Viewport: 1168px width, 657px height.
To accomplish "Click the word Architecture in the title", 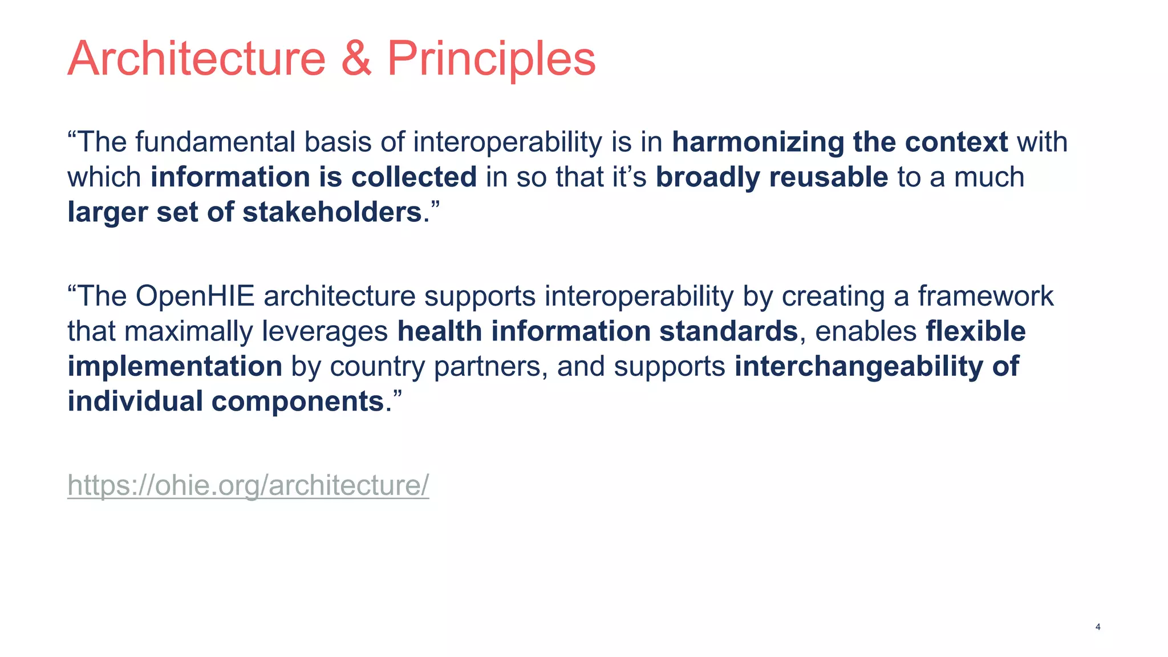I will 197,59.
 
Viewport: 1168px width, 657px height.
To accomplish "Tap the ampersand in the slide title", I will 356,59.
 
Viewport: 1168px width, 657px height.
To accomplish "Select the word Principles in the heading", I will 491,59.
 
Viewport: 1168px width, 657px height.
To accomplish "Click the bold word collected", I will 413,177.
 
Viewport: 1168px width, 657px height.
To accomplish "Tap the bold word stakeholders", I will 332,212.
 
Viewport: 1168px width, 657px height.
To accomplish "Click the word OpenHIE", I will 194,296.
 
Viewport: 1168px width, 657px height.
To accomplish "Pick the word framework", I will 985,296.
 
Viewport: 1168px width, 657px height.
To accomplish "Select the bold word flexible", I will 975,331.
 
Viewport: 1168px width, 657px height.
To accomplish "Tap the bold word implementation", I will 175,366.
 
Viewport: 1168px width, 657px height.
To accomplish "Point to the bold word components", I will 297,401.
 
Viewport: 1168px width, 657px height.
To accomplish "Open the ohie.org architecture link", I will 248,485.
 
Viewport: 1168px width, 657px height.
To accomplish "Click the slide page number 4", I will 1098,627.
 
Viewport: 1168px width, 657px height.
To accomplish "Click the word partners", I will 486,366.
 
